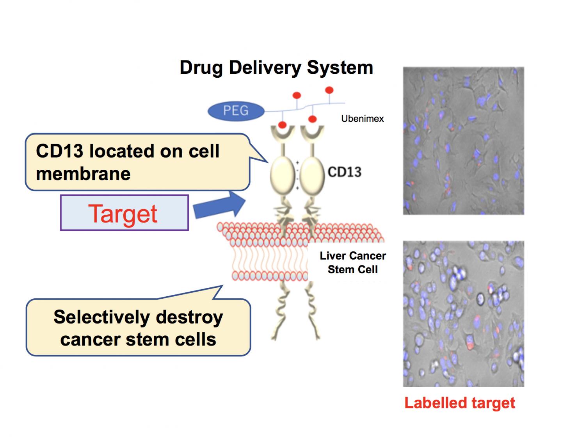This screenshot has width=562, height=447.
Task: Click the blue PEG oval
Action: point(236,110)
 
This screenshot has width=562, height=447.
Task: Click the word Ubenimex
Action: point(362,119)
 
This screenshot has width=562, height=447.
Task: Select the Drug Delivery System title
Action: point(276,68)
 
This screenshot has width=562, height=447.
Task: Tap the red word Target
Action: point(123,214)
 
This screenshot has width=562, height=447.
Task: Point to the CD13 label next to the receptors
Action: point(344,172)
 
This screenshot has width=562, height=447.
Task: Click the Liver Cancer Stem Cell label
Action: point(353,262)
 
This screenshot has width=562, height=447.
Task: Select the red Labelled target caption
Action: point(459,403)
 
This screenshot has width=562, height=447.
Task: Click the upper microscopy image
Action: point(463,141)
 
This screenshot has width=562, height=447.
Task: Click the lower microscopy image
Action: point(463,313)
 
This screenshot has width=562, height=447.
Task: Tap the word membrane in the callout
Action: point(83,174)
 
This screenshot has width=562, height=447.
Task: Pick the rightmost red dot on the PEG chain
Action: point(329,90)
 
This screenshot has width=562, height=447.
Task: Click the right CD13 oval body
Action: point(312,175)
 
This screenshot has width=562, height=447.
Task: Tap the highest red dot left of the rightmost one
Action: point(297,95)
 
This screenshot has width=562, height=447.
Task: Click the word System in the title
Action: point(340,68)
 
